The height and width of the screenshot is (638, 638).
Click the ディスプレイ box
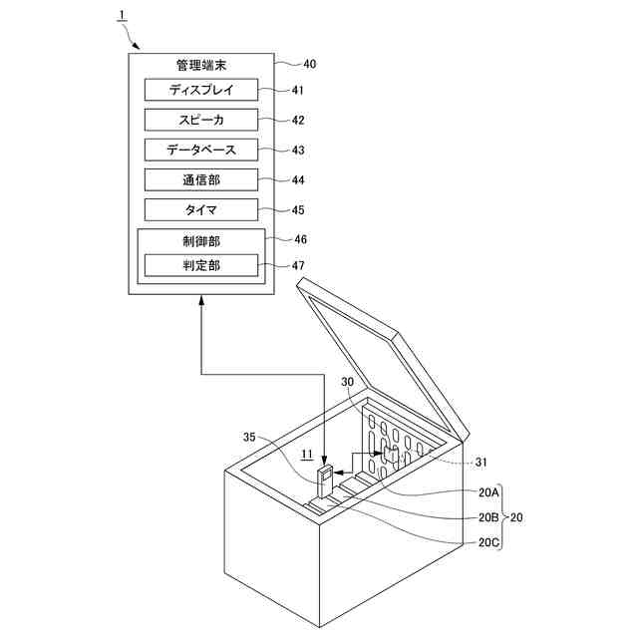click(201, 90)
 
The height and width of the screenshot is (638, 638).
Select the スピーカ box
click(201, 120)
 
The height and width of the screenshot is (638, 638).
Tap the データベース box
click(201, 150)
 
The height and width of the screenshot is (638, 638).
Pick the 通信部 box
click(201, 180)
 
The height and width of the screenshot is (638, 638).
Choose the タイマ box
click(201, 210)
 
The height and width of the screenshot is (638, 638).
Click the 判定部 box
click(201, 266)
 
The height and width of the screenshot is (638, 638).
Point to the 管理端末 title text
click(201, 65)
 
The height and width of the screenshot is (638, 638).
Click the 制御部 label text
click(201, 240)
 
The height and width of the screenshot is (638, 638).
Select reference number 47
click(299, 266)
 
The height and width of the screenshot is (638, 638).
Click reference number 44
click(299, 180)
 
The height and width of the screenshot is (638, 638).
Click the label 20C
click(488, 543)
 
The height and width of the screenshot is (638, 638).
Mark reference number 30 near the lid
click(347, 382)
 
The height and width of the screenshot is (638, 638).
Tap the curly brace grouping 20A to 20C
click(504, 517)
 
